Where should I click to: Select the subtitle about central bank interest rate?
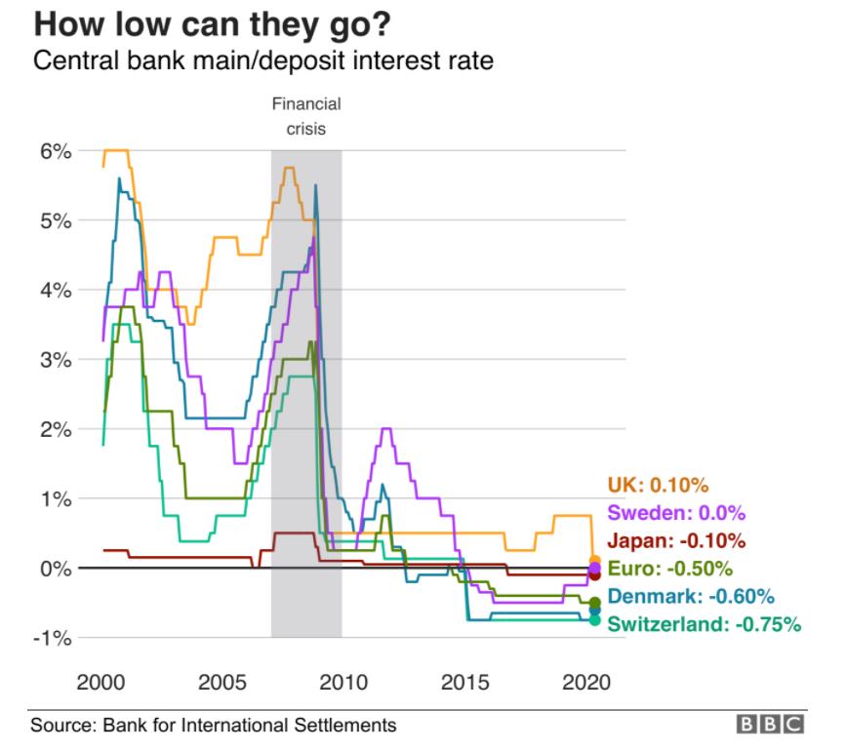tap(263, 61)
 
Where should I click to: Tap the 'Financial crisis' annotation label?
tap(306, 116)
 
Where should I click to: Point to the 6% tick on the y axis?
tap(57, 151)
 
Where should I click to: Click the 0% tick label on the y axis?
tap(57, 568)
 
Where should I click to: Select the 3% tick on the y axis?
tap(57, 360)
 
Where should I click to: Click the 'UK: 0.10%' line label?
tap(658, 485)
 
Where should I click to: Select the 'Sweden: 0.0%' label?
tap(676, 513)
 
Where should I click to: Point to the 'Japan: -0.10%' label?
tap(676, 540)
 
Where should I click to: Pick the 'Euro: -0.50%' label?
tap(670, 569)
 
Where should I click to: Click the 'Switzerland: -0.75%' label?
tap(704, 624)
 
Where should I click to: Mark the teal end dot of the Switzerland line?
tap(594, 619)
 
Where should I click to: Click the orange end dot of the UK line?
tap(594, 560)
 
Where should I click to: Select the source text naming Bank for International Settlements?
tap(214, 725)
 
